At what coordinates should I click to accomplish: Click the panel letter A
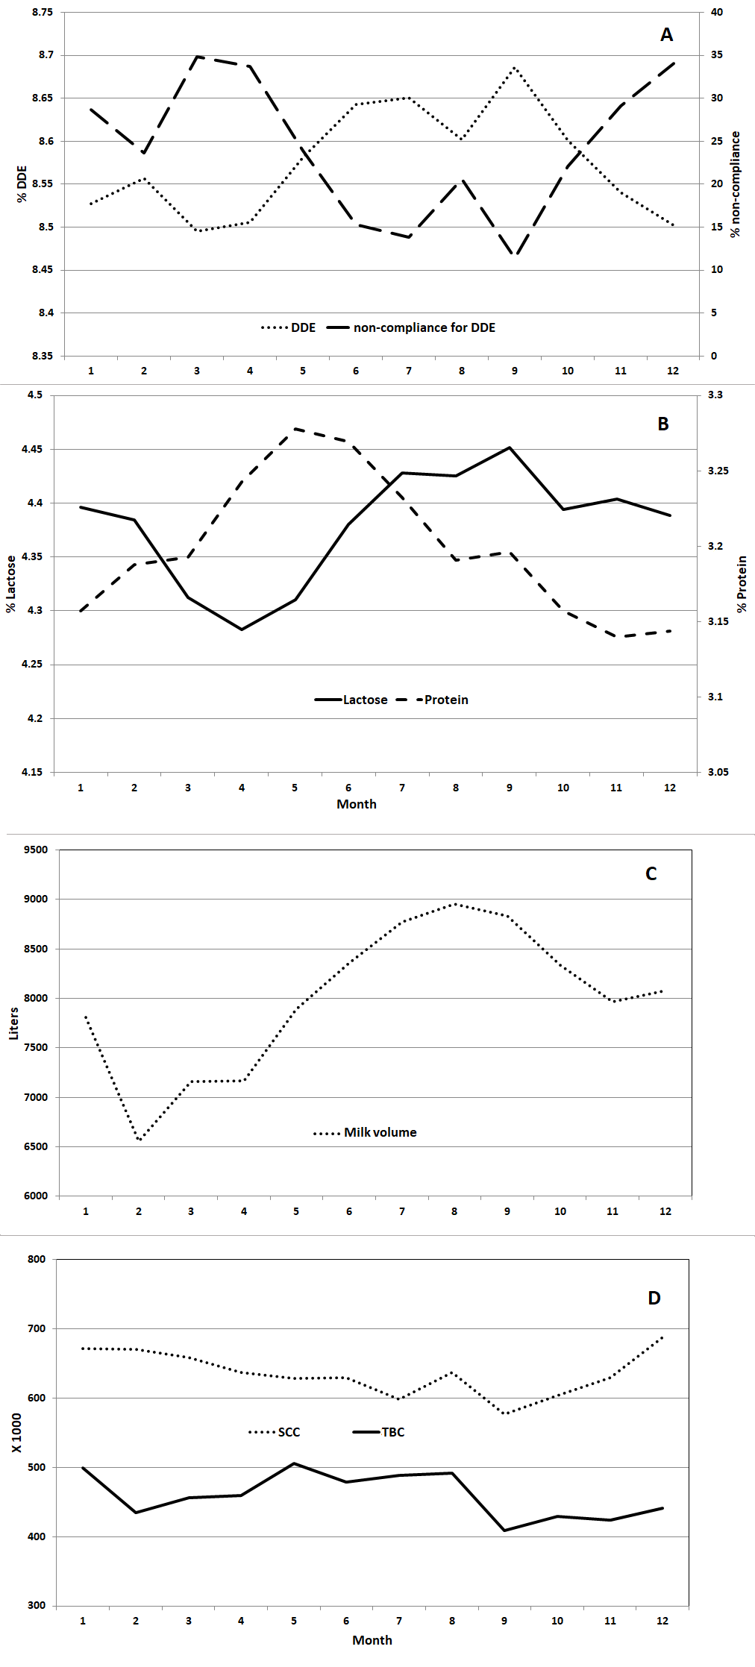(666, 35)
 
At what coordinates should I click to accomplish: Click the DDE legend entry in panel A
(289, 327)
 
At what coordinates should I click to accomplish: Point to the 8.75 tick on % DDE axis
(43, 13)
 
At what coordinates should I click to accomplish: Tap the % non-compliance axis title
(736, 184)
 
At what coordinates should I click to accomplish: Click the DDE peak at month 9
(515, 68)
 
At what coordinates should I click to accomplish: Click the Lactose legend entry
(351, 700)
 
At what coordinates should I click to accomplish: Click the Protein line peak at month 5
(295, 429)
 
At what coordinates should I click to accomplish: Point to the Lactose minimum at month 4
(242, 630)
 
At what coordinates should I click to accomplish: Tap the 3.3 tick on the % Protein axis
(715, 395)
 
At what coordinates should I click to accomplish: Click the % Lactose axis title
(10, 584)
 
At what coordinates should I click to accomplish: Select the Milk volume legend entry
(366, 1132)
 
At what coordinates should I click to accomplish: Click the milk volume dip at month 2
(140, 1140)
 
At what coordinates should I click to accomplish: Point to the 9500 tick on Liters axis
(36, 850)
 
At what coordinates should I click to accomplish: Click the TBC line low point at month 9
(505, 1531)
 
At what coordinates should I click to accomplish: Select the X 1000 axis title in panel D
(16, 1433)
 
